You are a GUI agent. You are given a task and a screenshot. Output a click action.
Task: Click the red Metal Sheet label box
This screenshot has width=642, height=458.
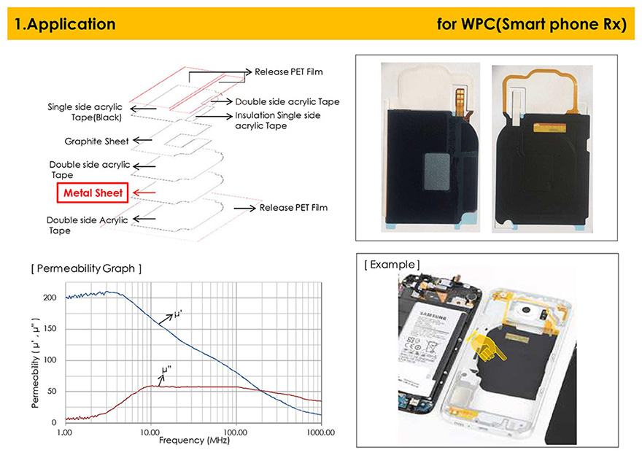93,193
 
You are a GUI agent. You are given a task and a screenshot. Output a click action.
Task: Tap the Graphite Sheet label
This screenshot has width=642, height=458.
96,141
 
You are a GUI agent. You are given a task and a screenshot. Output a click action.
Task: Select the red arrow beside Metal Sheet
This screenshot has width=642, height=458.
144,193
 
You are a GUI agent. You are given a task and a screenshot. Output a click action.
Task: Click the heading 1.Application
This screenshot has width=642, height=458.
65,24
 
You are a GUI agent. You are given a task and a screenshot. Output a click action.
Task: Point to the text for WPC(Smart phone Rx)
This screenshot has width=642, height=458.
531,24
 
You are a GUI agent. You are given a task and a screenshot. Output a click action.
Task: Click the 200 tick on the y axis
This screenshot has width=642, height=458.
50,298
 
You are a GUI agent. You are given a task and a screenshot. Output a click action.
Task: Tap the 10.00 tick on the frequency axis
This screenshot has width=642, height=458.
150,432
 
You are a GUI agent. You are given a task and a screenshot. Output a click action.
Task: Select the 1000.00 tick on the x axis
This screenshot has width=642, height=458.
320,432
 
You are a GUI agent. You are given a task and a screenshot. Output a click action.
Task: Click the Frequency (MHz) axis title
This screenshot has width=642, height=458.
194,440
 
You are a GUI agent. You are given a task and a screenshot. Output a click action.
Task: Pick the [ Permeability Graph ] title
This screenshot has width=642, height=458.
86,268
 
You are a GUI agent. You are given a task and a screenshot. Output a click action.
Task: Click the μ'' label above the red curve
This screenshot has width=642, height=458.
166,370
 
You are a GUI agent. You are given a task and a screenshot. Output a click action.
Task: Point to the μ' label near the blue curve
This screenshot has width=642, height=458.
178,314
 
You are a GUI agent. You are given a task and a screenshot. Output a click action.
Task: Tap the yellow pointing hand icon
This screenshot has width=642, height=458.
487,346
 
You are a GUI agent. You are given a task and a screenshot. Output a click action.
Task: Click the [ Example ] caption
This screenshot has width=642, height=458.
392,265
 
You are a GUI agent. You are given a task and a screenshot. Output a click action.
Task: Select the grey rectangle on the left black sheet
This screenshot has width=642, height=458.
437,172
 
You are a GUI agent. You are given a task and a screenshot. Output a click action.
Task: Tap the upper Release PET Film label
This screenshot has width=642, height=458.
289,72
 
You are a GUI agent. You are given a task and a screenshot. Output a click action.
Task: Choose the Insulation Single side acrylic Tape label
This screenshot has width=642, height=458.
278,120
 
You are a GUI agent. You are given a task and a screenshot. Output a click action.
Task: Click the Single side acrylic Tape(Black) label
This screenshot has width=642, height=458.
85,112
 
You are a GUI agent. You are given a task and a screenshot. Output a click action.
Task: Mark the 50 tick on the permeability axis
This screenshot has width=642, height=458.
52,392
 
